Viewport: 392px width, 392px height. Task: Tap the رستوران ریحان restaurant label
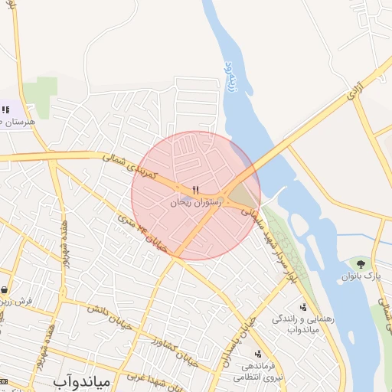click(x=195, y=201)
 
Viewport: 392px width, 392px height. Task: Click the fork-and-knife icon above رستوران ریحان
click(x=196, y=188)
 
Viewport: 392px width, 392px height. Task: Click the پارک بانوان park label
click(x=362, y=275)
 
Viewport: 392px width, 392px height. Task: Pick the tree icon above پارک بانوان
click(x=361, y=263)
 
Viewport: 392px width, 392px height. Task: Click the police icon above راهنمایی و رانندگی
click(x=302, y=307)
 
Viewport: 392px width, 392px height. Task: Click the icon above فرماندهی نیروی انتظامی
click(x=258, y=354)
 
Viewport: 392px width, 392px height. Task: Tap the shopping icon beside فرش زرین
click(x=6, y=290)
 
